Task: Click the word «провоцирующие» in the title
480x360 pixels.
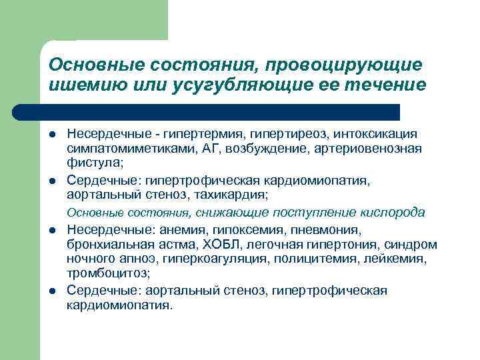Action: [344, 65]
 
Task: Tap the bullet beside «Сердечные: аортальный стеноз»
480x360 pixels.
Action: [53, 291]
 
